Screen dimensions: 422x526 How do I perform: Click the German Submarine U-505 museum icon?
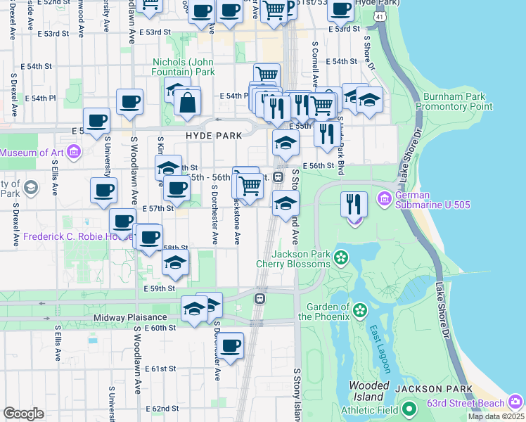383,199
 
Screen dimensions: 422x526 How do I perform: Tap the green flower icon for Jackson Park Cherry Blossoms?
341,258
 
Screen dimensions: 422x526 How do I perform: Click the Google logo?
23,414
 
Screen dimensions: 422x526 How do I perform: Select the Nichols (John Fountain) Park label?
184,67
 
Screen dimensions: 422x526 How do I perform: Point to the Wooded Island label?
369,391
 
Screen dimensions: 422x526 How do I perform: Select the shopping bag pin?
188,103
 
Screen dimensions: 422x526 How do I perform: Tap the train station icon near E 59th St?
259,298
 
